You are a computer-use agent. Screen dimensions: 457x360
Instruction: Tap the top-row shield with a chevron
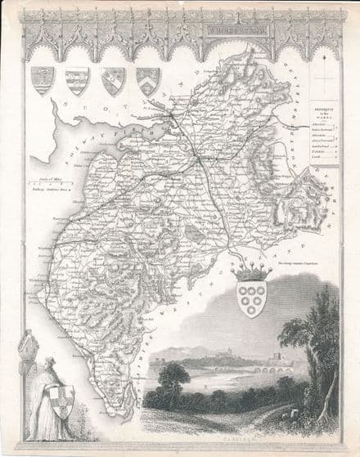coord(147,80)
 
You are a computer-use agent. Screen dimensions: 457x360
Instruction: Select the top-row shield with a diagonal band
coord(113,80)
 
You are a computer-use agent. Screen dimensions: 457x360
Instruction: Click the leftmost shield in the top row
coord(42,79)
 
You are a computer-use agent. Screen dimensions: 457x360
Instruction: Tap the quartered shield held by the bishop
coord(62,401)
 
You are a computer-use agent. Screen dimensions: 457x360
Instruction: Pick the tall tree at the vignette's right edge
coord(315,343)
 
